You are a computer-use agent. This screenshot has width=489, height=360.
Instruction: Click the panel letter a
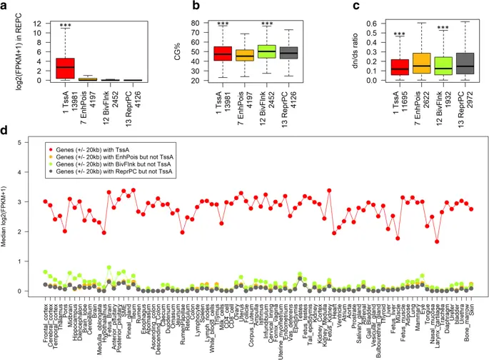click(6, 7)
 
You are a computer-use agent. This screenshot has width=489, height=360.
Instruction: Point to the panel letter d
click(6, 131)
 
